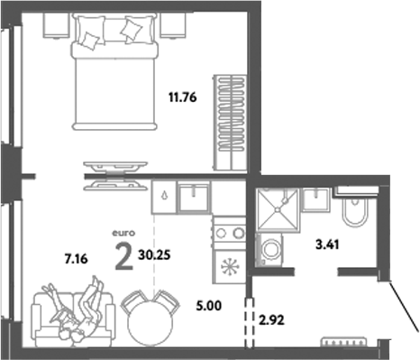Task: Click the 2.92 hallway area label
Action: (273, 318)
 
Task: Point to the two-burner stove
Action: (229, 233)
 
